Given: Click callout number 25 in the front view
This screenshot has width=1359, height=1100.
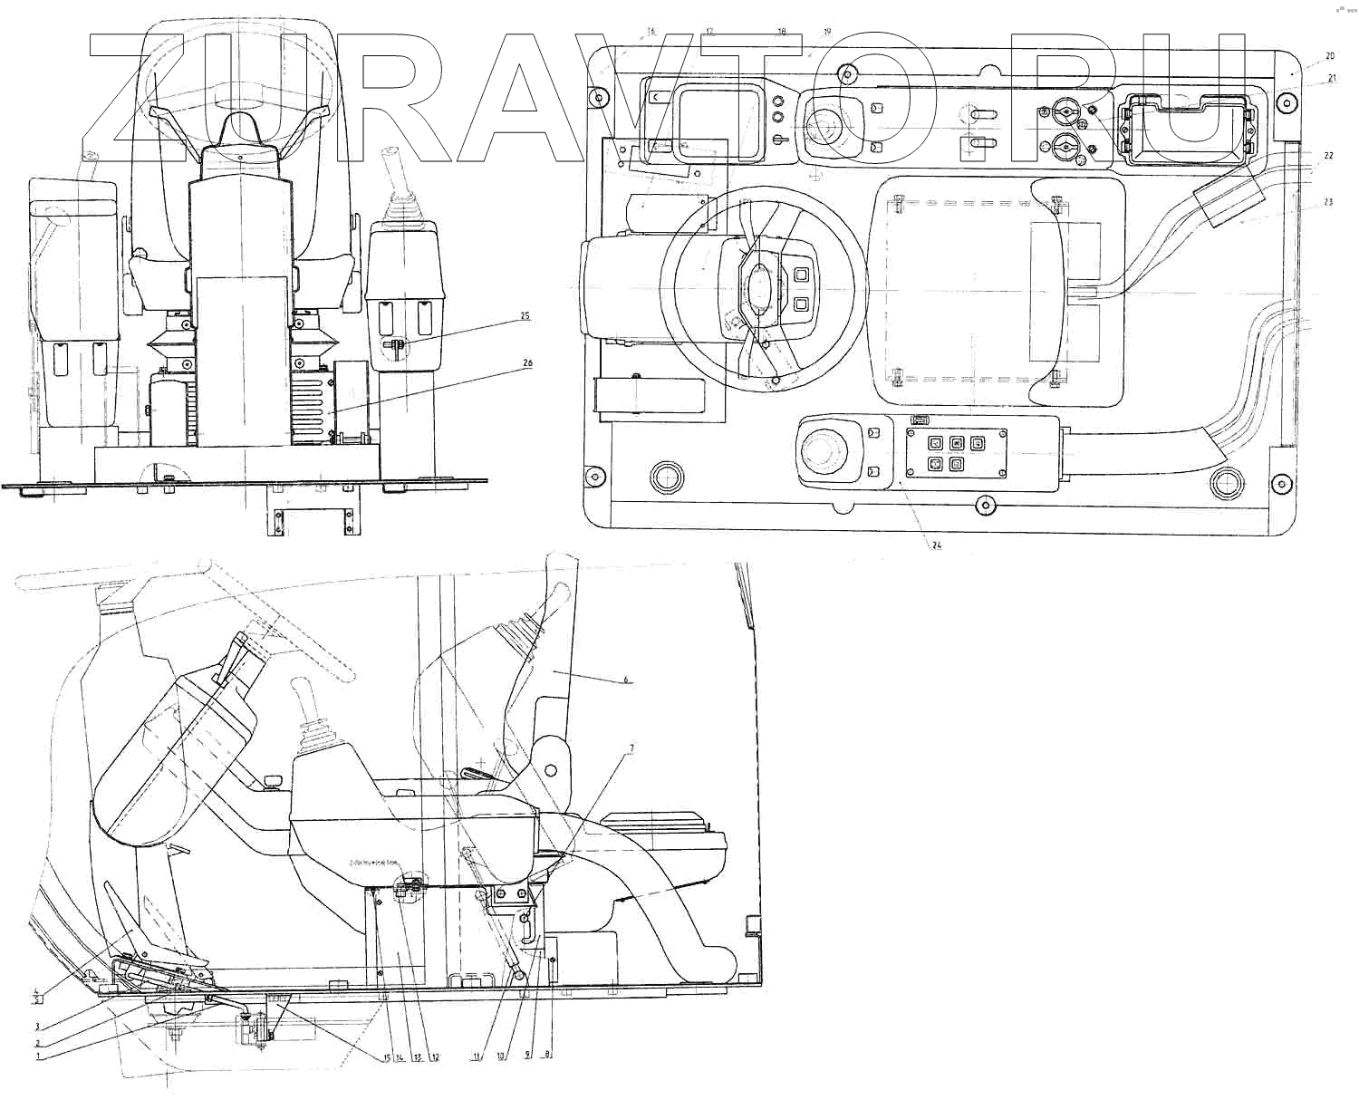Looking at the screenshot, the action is (x=525, y=316).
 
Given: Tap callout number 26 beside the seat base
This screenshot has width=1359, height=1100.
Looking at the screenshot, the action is (x=526, y=363).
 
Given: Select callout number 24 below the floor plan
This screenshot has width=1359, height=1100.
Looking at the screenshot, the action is (x=936, y=545).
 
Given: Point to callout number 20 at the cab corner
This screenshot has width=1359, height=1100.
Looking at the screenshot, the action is (x=1330, y=55).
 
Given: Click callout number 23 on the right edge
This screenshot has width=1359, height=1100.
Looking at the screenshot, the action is (x=1328, y=202).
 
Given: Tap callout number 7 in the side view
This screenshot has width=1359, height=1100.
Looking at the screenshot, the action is (x=631, y=748).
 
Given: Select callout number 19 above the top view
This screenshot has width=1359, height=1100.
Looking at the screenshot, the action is (x=826, y=33).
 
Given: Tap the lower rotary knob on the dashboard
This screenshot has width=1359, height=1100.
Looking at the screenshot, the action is (x=1067, y=146).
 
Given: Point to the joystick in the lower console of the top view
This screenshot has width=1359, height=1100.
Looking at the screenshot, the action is (x=824, y=449).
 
